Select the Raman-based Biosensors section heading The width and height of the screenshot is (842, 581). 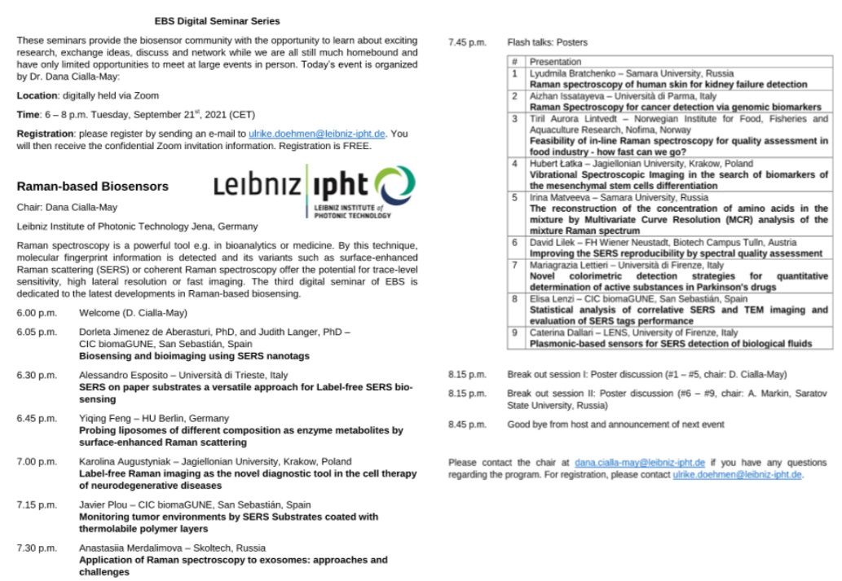tap(92, 186)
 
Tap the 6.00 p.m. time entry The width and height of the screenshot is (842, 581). tap(37, 313)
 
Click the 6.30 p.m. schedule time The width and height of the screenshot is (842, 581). tap(37, 376)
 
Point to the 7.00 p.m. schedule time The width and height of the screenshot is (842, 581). tap(37, 462)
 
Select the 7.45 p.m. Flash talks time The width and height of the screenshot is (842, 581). tap(467, 42)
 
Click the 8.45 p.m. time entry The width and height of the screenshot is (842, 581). tap(467, 425)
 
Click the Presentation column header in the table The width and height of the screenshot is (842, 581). tap(555, 62)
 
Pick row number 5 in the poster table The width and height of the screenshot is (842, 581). tap(514, 197)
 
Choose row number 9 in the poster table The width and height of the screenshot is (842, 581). tap(514, 332)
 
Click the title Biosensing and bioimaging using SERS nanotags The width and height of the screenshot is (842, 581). tap(194, 356)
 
